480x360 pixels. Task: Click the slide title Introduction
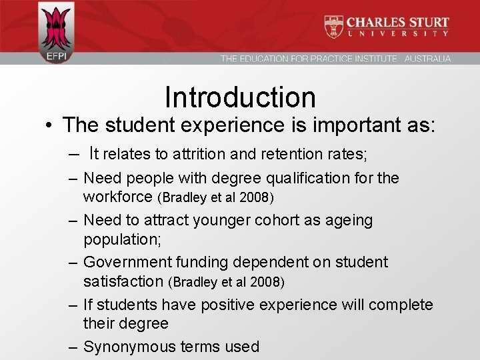coord(240,97)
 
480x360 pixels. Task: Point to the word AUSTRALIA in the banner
coord(427,59)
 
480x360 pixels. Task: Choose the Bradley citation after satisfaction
coord(227,282)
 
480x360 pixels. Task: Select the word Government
coord(125,262)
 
